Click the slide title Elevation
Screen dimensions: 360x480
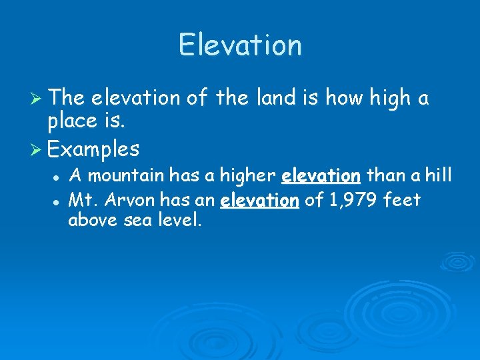point(240,45)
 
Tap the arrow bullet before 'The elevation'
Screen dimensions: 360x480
point(37,99)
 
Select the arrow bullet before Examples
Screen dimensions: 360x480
point(37,149)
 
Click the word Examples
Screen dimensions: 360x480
point(94,148)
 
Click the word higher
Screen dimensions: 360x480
point(247,176)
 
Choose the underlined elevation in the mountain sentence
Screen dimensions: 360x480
point(321,176)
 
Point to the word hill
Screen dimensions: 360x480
point(438,176)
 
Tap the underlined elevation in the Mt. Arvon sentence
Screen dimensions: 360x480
point(259,199)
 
